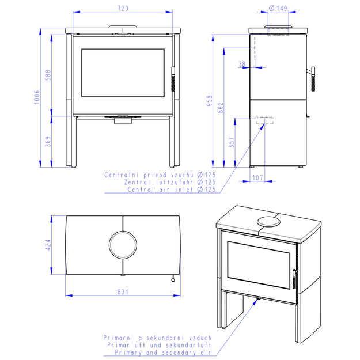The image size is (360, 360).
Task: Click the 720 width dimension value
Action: pos(123,9)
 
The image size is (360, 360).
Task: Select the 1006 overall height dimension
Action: pos(37,97)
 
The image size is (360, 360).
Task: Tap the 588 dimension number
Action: pos(48,75)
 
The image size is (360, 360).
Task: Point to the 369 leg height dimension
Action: pos(48,142)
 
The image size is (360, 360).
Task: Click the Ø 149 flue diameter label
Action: pos(278,8)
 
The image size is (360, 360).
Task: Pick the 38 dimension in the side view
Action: pos(242,63)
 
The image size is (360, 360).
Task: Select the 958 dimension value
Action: pos(210,101)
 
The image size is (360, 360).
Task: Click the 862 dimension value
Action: pos(220,108)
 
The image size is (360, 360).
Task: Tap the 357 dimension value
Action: pos(232,142)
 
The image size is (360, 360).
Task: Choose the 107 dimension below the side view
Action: pos(257,177)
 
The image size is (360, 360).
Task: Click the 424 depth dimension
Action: pos(48,245)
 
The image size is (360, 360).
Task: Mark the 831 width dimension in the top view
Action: pos(123,292)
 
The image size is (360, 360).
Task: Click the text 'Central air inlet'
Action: pos(160,190)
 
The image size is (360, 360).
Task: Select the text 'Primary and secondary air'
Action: pos(163,353)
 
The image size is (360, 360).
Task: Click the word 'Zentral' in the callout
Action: pos(137,182)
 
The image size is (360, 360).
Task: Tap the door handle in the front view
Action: pos(173,79)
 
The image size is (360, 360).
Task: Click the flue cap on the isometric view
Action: pos(268,222)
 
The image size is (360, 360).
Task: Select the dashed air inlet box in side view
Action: pos(265,120)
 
